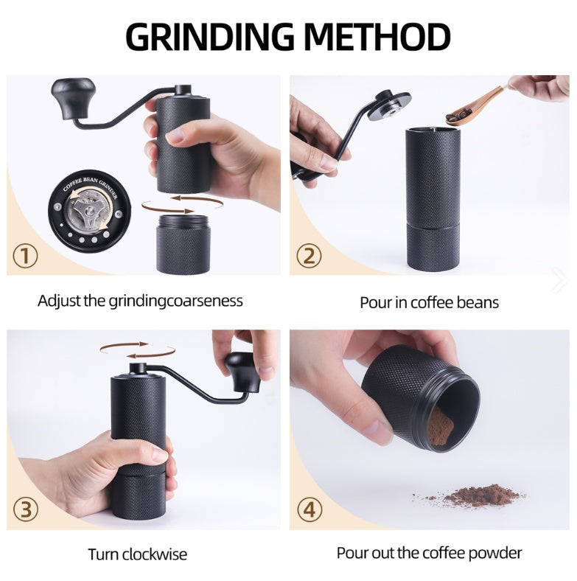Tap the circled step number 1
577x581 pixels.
pos(27,257)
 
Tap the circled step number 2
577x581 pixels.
pos(309,257)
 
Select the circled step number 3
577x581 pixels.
pos(27,509)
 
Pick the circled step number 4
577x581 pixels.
pos(309,509)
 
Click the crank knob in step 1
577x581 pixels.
pos(74,94)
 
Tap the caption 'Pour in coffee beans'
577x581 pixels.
pos(429,302)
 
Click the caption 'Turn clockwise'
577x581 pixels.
pos(138,554)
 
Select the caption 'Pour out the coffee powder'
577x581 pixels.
pos(429,553)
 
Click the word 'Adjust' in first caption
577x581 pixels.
pos(57,301)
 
